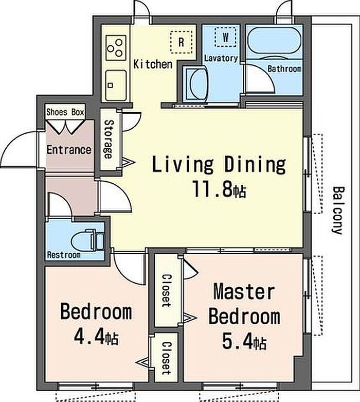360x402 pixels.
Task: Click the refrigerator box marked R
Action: [181, 42]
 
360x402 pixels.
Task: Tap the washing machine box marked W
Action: [225, 37]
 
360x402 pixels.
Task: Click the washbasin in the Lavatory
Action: [197, 82]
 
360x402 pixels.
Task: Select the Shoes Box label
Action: [65, 112]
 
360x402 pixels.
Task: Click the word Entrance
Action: [69, 150]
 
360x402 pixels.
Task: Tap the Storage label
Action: [109, 139]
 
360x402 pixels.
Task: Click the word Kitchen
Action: [153, 64]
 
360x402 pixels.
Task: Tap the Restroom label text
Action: [64, 255]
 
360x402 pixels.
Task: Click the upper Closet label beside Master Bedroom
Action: [167, 291]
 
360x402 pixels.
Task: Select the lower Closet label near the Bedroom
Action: [167, 358]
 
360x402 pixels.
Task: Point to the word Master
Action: [244, 291]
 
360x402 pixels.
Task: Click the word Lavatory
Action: [221, 58]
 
